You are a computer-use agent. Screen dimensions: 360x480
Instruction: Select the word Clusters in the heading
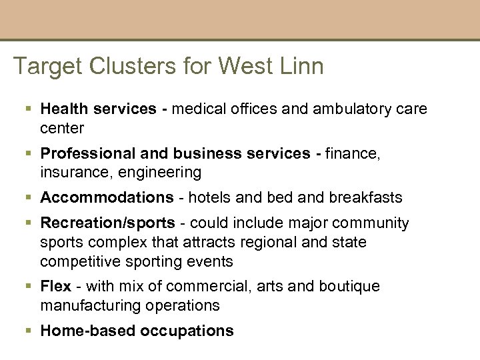point(124,67)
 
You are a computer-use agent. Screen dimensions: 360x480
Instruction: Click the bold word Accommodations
point(107,197)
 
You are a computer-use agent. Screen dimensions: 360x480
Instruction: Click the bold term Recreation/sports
point(107,223)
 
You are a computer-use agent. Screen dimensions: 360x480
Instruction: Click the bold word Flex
point(55,286)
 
